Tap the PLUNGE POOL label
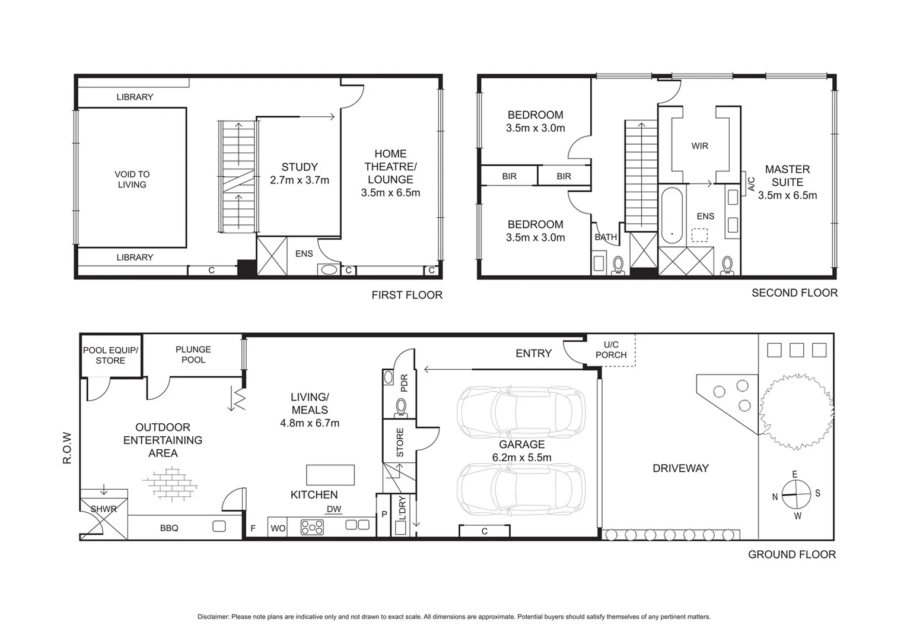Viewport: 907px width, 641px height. click(193, 354)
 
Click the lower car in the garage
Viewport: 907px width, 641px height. click(521, 488)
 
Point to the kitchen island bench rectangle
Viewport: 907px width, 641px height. click(330, 475)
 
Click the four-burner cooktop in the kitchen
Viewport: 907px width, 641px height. click(312, 527)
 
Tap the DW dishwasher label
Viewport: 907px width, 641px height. click(334, 509)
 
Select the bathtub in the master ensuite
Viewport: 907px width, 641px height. click(672, 215)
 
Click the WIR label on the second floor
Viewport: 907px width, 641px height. click(699, 146)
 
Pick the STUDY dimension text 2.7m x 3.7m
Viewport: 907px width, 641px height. click(300, 180)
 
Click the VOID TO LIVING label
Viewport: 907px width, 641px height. click(132, 179)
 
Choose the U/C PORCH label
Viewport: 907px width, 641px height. click(611, 350)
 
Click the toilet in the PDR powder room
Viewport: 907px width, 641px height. click(401, 407)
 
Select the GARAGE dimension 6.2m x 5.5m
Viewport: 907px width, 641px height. click(521, 458)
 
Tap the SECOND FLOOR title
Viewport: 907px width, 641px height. click(794, 293)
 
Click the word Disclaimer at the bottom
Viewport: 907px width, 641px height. click(214, 617)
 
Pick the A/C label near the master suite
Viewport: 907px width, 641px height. click(752, 184)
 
